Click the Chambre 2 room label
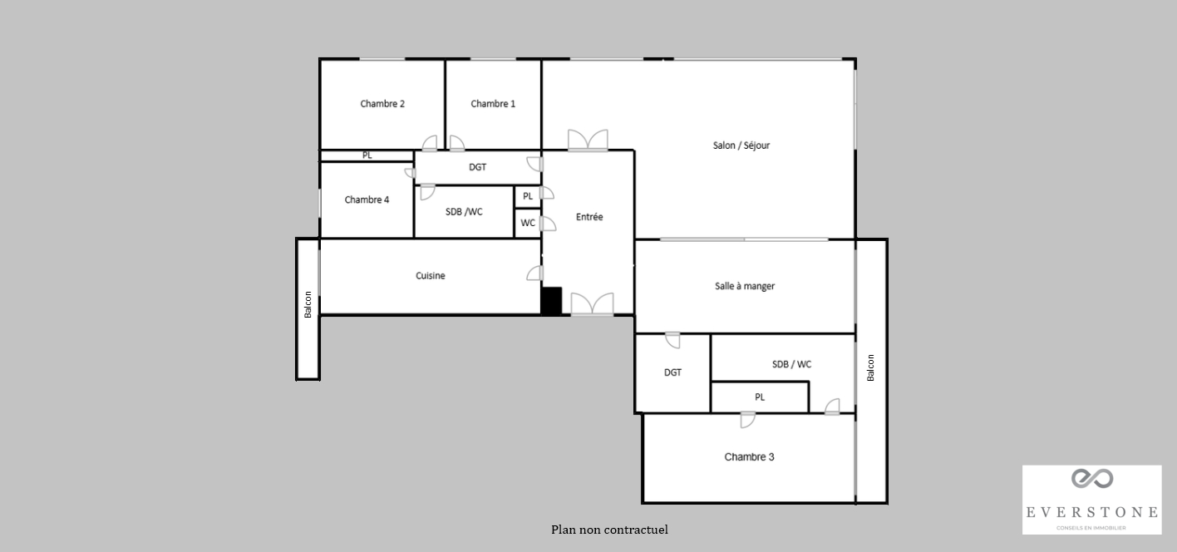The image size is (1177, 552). point(382,104)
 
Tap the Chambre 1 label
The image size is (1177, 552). point(493,104)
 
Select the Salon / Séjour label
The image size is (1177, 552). point(741,145)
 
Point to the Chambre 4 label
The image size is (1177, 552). point(367,200)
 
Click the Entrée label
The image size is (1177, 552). point(589,217)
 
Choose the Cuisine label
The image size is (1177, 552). point(430,275)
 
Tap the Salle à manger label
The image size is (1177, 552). point(745,286)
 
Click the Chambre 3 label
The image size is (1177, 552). point(749,457)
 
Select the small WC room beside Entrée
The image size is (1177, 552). point(528,223)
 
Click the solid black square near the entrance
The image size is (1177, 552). point(551,301)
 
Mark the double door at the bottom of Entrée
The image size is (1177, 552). point(592,304)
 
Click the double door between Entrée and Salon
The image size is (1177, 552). point(588,140)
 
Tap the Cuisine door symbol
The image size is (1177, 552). point(535,273)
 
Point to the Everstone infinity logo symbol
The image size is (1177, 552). point(1092,478)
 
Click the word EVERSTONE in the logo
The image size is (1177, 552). point(1092,512)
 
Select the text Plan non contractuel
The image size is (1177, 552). point(609,530)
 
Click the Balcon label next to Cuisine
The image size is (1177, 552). point(308,304)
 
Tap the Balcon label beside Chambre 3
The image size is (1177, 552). point(870,367)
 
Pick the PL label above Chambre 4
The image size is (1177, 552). point(367,155)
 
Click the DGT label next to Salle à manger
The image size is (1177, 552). point(672,372)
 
